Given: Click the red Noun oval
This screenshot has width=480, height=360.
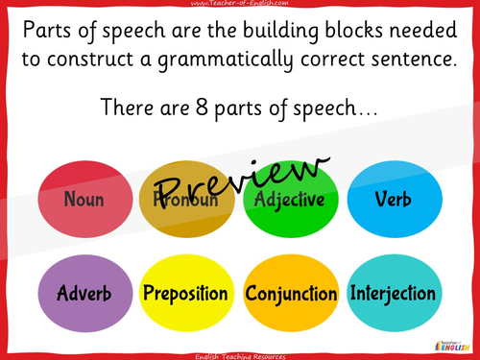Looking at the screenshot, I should pyautogui.click(x=84, y=201).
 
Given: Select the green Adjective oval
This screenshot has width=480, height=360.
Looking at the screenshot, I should pyautogui.click(x=291, y=201).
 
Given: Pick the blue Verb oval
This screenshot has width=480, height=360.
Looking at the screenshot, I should pyautogui.click(x=394, y=201).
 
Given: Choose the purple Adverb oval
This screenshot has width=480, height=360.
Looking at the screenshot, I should pyautogui.click(x=84, y=292).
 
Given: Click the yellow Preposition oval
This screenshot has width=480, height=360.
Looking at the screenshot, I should pyautogui.click(x=185, y=292).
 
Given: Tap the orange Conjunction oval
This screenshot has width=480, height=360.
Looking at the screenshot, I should pyautogui.click(x=291, y=292).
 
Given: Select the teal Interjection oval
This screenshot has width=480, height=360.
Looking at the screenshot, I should pyautogui.click(x=394, y=292).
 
